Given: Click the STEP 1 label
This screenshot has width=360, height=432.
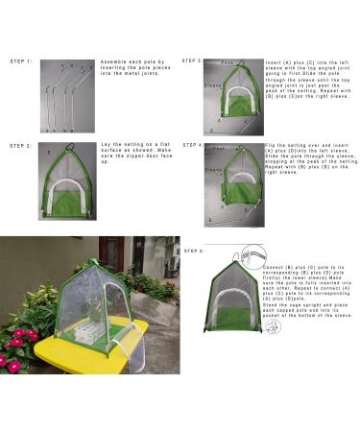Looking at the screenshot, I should (21, 61).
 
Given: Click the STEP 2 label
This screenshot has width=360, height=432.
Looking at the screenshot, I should (21, 146).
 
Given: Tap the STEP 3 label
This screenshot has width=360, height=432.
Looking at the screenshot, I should (192, 60).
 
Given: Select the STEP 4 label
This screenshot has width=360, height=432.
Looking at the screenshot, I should (192, 146).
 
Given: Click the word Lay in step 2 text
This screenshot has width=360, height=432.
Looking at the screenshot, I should (106, 145).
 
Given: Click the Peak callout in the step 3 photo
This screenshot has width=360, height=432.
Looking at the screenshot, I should (227, 63).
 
